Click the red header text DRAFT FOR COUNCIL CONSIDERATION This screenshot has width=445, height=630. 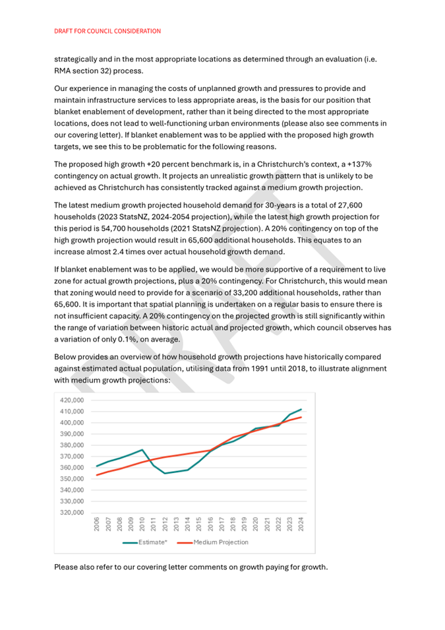[107, 31]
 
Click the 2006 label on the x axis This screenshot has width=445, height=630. [97, 525]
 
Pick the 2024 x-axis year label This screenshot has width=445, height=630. [301, 525]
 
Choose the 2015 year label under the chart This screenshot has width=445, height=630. [199, 525]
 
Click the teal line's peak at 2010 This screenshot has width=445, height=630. [142, 450]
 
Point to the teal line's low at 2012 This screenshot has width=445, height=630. [165, 473]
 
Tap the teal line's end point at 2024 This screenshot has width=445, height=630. [301, 409]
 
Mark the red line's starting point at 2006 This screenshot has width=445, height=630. [97, 475]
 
